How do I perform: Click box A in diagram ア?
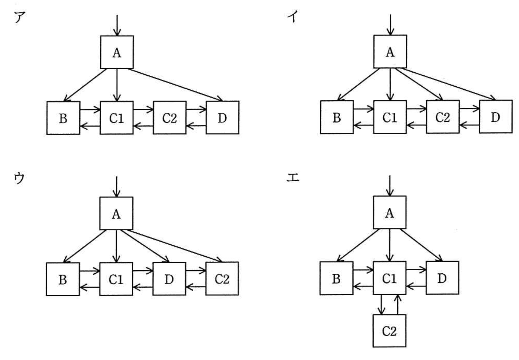117,52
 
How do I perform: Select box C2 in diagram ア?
170,118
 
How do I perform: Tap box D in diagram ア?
223,118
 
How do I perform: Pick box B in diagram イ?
337,117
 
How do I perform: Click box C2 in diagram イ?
442,117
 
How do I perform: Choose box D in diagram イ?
496,117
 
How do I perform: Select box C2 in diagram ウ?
222,279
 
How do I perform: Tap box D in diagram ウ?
169,279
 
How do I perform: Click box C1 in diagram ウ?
116,279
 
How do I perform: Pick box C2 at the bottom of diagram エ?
389,331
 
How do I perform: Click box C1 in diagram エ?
389,278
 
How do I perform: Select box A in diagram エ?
389,213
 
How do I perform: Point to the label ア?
20,17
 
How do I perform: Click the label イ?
292,16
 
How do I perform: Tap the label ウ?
19,178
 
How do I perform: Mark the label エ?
293,178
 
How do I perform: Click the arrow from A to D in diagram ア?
175,85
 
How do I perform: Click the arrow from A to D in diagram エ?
421,245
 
